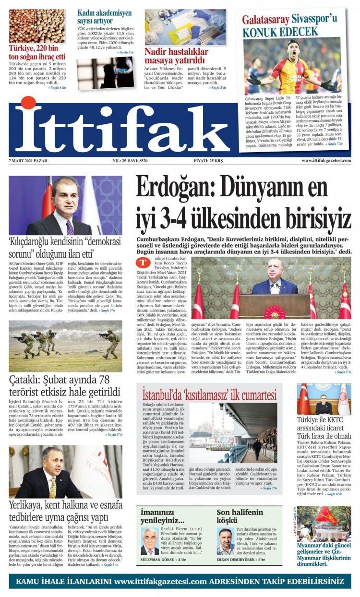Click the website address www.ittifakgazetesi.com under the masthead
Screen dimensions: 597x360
(x=326, y=161)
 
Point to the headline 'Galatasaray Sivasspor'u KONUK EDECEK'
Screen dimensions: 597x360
(x=289, y=26)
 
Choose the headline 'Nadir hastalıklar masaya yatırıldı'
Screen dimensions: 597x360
(x=175, y=56)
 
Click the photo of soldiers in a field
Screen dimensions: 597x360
(x=65, y=346)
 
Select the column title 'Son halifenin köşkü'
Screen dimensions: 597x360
(x=240, y=516)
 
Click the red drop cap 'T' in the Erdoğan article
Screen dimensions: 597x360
(x=143, y=263)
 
